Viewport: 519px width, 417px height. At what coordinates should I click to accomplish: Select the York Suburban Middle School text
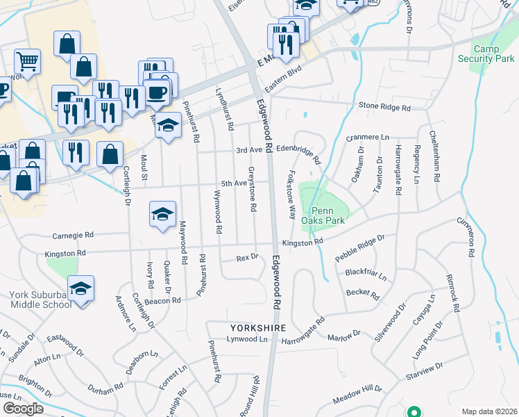[40, 300]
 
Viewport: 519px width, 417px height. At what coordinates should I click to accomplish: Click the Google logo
[23, 409]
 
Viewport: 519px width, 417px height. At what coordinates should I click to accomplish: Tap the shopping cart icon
[26, 63]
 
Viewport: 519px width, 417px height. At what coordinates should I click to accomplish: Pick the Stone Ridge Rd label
[385, 107]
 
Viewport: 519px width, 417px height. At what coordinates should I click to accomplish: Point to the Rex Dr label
[247, 257]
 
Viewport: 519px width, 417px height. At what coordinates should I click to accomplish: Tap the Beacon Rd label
[163, 300]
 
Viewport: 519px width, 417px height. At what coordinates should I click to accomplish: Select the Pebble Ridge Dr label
[360, 248]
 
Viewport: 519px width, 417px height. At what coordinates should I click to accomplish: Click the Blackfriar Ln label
[366, 274]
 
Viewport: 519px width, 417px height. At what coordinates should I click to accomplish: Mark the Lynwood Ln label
[248, 339]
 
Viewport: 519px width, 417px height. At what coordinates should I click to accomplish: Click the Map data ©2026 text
[489, 411]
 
